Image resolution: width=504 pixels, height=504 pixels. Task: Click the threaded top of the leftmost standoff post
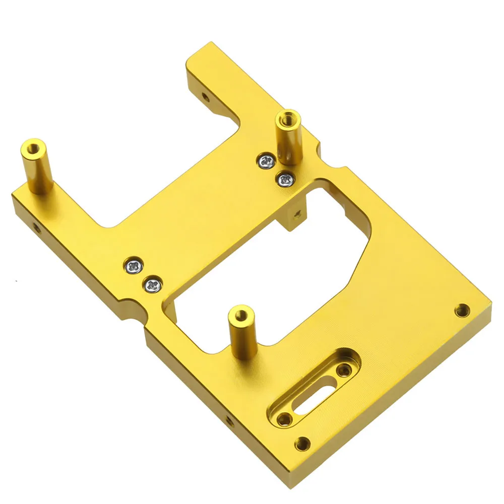(x=33, y=148)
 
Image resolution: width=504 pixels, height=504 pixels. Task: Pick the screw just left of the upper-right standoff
(x=265, y=161)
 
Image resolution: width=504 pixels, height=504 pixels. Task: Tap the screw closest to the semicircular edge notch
(x=151, y=285)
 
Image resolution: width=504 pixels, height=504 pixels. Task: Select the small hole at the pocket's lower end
(x=285, y=418)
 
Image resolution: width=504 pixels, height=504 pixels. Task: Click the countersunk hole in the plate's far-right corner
(x=462, y=310)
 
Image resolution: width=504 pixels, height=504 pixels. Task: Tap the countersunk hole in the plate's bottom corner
(x=302, y=444)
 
